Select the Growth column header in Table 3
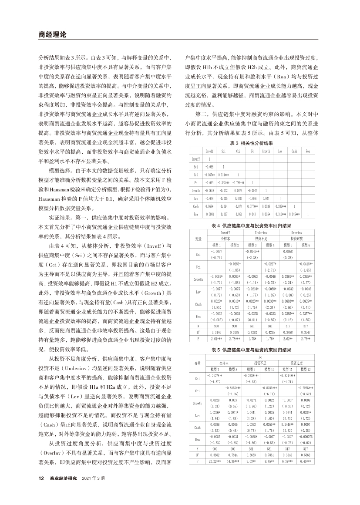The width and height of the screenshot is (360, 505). click(266, 151)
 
